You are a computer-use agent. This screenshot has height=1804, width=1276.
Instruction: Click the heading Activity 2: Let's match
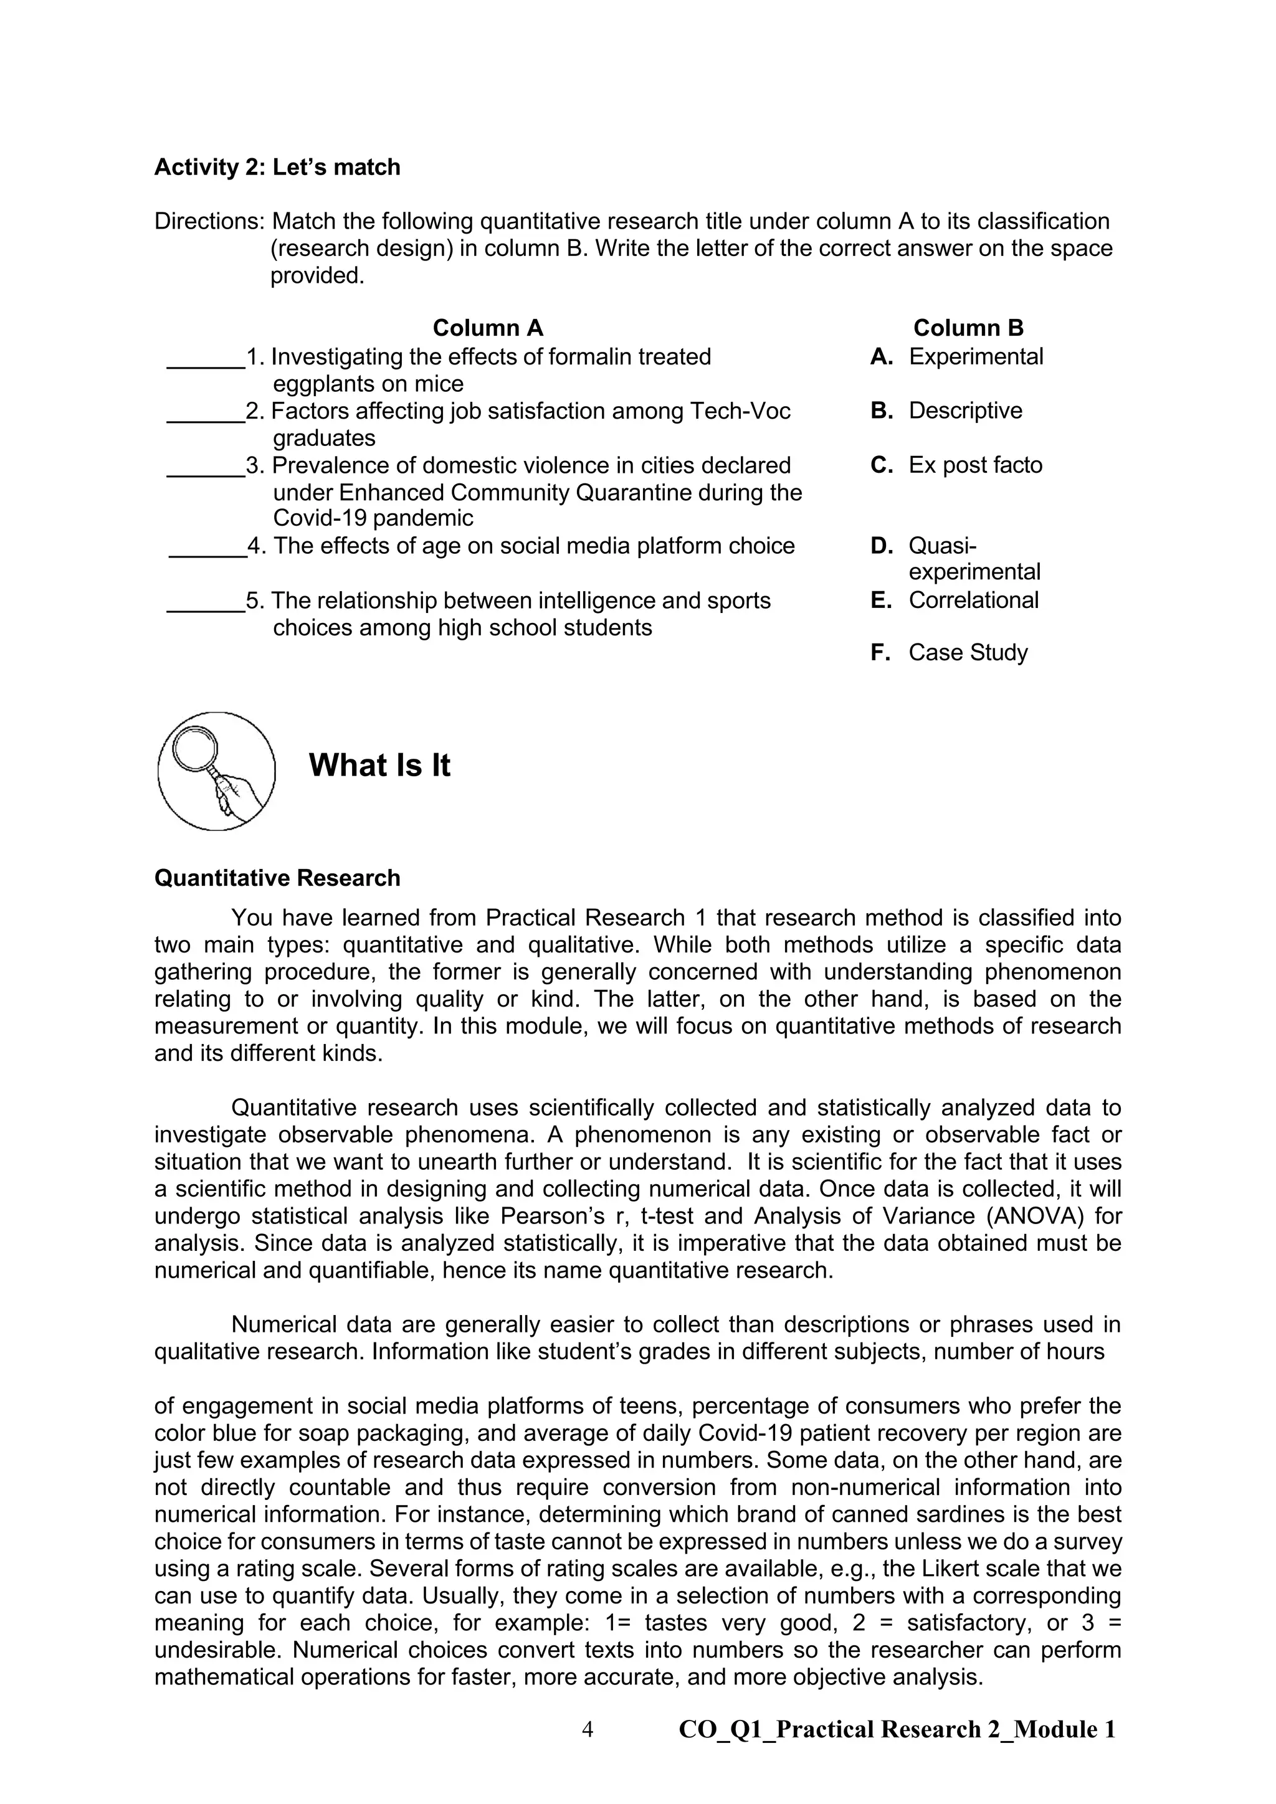277,168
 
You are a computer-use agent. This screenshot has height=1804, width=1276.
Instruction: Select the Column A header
487,328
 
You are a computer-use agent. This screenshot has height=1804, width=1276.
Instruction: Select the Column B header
968,328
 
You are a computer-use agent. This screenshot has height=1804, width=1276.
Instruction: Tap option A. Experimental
957,357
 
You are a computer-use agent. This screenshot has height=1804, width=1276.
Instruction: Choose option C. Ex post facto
956,465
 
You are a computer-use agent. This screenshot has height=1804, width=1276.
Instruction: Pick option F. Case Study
949,652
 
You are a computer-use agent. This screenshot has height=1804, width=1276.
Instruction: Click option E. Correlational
955,601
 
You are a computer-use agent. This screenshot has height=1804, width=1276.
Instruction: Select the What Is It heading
379,766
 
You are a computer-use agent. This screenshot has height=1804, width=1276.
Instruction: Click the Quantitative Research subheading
277,878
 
